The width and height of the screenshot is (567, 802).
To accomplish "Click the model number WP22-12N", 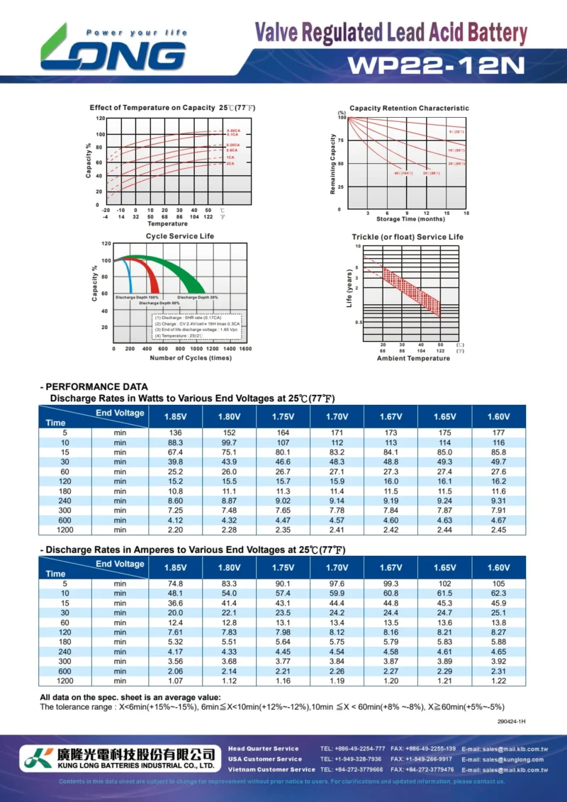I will tap(436, 65).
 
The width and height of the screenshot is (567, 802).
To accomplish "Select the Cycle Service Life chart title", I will tap(180, 235).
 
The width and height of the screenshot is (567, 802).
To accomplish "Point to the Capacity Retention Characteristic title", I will tap(409, 108).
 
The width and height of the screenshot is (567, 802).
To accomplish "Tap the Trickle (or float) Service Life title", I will tap(408, 237).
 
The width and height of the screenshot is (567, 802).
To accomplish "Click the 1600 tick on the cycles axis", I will tap(245, 349).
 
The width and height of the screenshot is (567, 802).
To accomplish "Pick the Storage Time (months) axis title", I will tap(410, 219).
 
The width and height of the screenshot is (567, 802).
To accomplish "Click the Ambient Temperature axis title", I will tap(413, 358).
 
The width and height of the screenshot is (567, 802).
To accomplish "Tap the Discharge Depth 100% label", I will tap(137, 297).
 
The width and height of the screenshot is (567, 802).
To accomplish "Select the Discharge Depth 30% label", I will tap(198, 297).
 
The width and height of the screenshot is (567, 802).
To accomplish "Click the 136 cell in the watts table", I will tap(175, 433).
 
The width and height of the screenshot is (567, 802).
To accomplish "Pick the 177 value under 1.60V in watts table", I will tap(498, 433).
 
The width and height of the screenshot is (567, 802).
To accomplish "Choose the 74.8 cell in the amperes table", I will tap(175, 584).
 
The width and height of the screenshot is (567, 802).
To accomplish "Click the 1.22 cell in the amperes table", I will tap(498, 681).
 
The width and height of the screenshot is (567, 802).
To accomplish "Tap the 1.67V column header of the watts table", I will tap(391, 416).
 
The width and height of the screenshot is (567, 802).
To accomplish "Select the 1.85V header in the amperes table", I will tap(175, 567).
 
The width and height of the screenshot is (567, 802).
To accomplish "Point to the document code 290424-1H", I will tap(511, 722).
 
